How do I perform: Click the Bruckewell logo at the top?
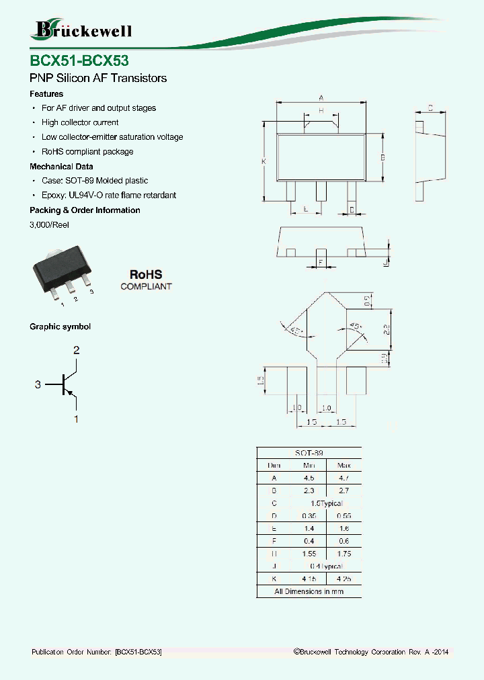point(81,30)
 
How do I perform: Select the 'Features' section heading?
point(46,94)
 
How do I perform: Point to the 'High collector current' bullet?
point(79,122)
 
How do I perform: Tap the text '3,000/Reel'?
point(49,224)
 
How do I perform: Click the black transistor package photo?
point(61,273)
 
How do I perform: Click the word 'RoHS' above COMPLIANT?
point(146,275)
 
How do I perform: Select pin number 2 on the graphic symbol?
point(76,350)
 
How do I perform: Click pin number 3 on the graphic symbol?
point(38,384)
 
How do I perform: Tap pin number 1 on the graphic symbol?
point(76,419)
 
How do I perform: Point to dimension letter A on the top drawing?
point(321,97)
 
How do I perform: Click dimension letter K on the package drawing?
point(264,162)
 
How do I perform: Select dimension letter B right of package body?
point(382,157)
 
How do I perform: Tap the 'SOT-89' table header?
point(309,454)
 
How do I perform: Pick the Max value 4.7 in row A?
point(344,478)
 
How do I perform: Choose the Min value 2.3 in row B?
point(309,491)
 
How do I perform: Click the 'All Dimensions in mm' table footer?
point(309,591)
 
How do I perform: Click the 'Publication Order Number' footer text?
point(96,652)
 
